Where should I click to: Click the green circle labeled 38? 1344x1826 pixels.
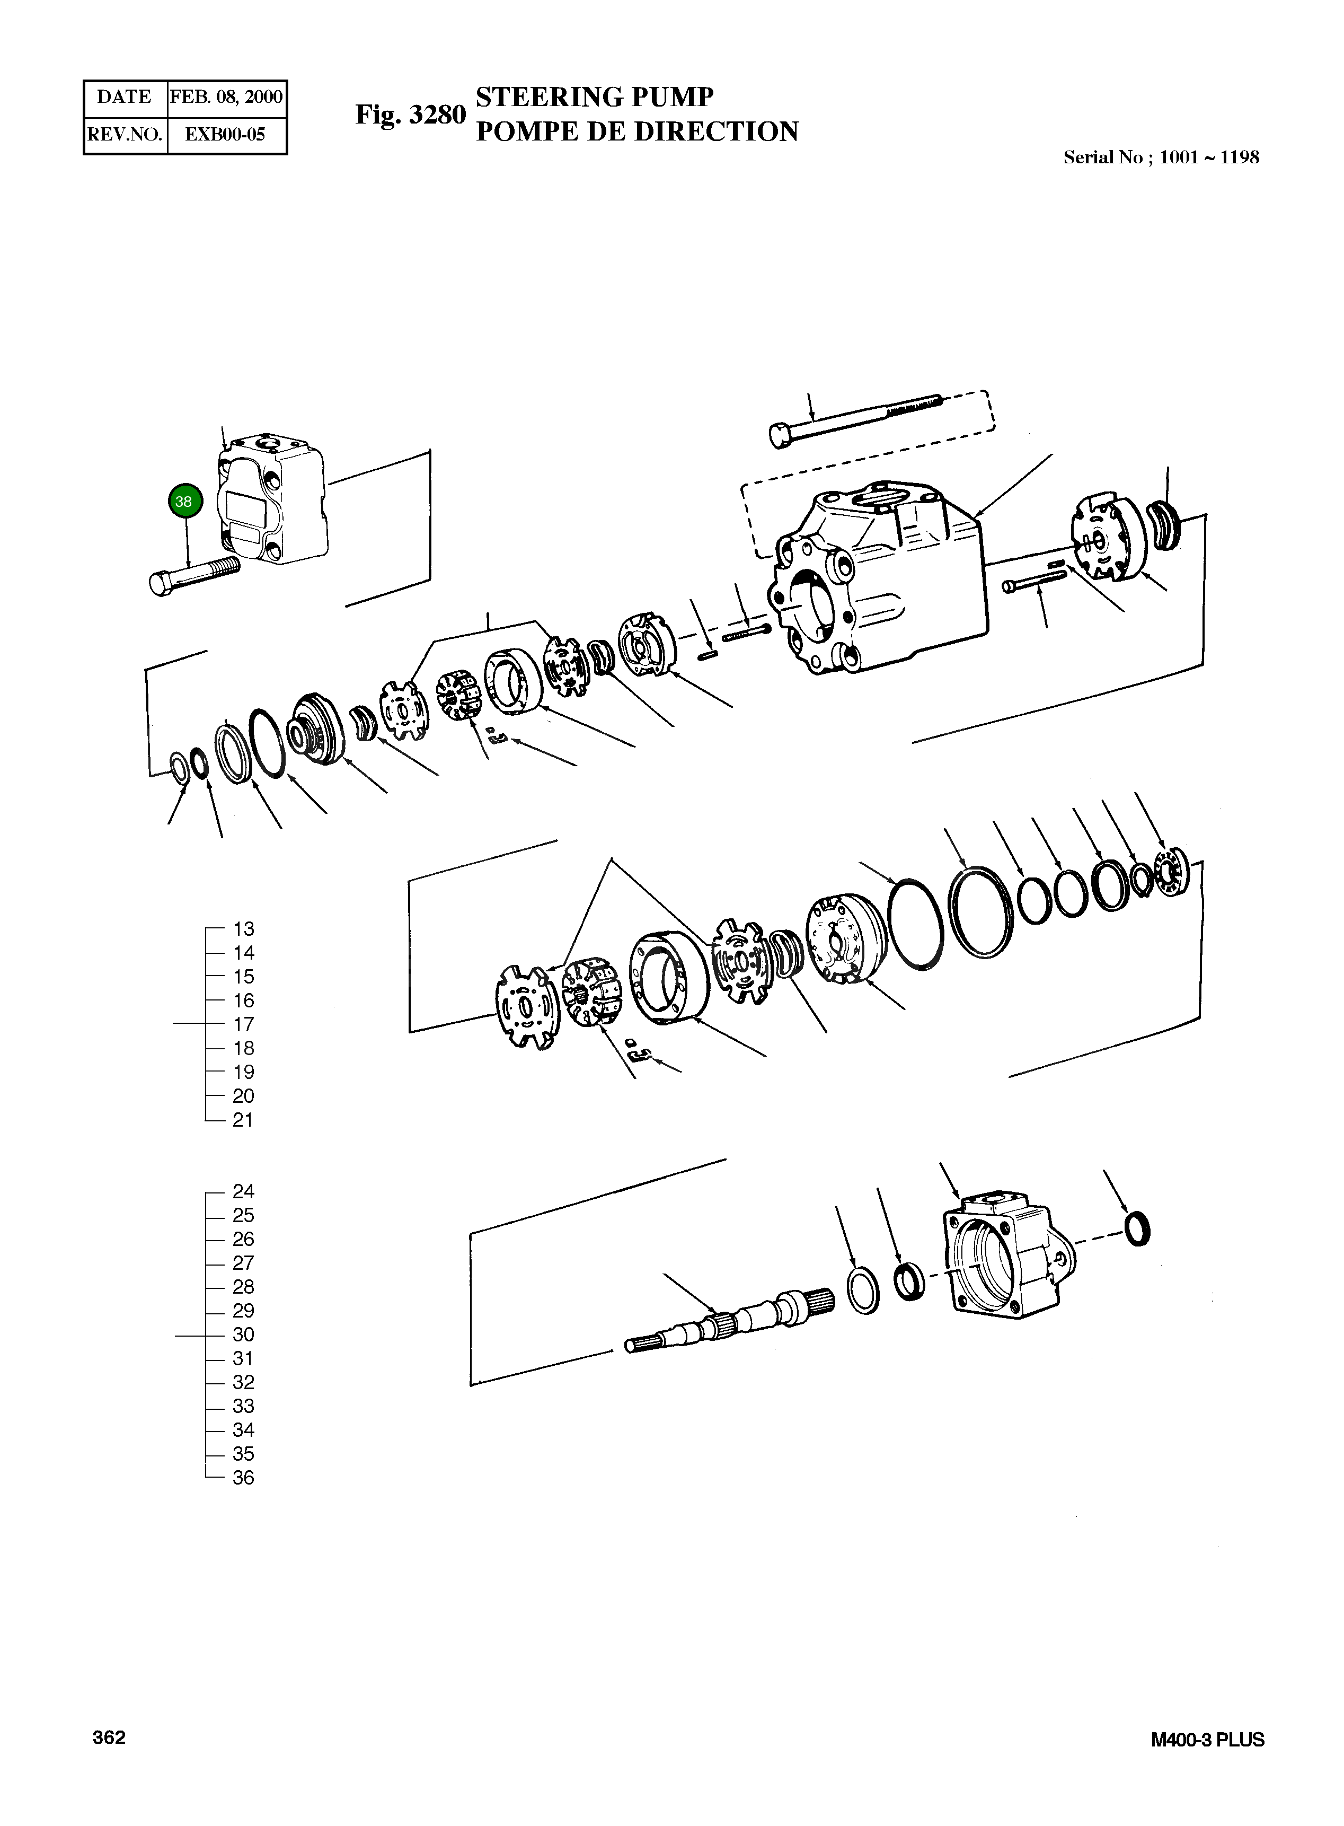pyautogui.click(x=184, y=502)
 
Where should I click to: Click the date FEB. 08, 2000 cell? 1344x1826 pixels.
pyautogui.click(x=226, y=98)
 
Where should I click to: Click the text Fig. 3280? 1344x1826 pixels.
pyautogui.click(x=410, y=116)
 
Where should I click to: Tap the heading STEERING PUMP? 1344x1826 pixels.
pyautogui.click(x=594, y=97)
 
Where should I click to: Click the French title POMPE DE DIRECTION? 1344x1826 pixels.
pyautogui.click(x=636, y=132)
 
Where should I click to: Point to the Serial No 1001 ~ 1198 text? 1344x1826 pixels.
pyautogui.click(x=1161, y=158)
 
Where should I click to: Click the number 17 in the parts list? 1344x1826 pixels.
pyautogui.click(x=243, y=1024)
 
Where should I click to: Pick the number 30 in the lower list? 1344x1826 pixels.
pyautogui.click(x=243, y=1335)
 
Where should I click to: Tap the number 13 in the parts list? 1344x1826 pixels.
pyautogui.click(x=243, y=928)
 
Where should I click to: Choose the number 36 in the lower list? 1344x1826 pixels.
pyautogui.click(x=243, y=1478)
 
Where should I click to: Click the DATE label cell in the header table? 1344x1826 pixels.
pyautogui.click(x=125, y=98)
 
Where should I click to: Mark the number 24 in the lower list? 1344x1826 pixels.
pyautogui.click(x=243, y=1191)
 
